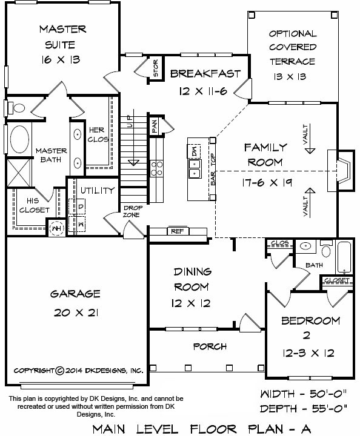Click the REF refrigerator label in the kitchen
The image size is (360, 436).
(177, 231)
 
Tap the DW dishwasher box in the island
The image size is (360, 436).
(194, 151)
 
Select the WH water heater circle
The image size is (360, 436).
(56, 228)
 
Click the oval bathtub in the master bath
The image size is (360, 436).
(19, 139)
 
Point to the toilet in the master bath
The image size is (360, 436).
(16, 108)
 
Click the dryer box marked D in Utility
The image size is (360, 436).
(81, 206)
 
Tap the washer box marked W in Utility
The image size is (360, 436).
(81, 224)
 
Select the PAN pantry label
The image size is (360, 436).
(155, 126)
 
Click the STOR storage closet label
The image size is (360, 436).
(156, 68)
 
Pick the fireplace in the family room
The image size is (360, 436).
(341, 170)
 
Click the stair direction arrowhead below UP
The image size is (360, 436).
(133, 163)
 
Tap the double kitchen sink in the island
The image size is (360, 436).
(195, 169)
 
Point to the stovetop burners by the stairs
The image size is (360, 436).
(156, 168)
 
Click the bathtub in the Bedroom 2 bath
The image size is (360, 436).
(344, 257)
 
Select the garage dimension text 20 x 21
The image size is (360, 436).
(76, 313)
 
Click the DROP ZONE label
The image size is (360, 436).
(132, 211)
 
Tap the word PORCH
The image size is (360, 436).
(210, 346)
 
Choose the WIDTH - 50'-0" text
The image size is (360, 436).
(304, 394)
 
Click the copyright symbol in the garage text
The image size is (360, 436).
(60, 371)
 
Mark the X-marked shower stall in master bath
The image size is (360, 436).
(19, 173)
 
